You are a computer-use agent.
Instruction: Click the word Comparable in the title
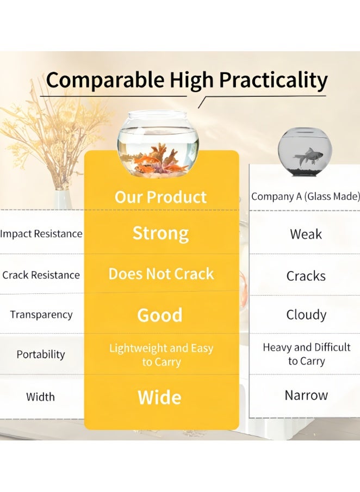105,80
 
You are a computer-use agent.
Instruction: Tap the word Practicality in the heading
273,81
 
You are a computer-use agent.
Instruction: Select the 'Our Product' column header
160,197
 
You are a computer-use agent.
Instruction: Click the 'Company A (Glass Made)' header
306,196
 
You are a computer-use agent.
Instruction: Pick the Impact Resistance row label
41,234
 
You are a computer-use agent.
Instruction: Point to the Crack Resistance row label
41,275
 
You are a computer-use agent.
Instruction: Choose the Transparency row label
41,315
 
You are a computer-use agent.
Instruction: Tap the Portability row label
41,354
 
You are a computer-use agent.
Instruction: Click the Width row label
40,397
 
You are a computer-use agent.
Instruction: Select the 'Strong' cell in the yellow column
160,234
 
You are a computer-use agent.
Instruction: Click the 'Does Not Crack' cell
161,274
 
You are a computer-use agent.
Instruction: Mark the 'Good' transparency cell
160,315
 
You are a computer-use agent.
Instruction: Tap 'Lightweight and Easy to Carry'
161,355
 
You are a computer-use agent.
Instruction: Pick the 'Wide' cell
160,397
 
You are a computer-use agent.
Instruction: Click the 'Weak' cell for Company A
306,235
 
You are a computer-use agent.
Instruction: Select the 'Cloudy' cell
306,315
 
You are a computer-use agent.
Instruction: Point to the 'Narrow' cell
306,395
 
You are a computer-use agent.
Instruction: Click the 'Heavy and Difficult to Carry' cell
306,354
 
